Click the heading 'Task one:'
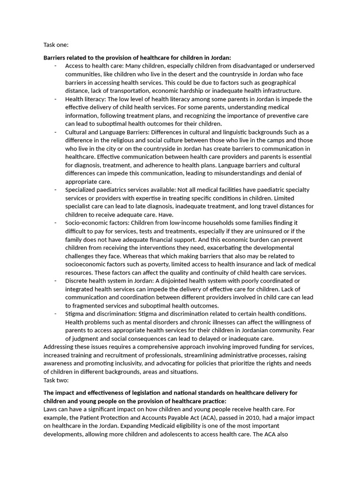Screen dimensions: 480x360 tap(56, 45)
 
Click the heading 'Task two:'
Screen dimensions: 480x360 tap(56, 380)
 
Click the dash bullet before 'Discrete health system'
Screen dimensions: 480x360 tap(55, 281)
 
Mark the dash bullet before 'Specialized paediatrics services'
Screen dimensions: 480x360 tap(55, 190)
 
